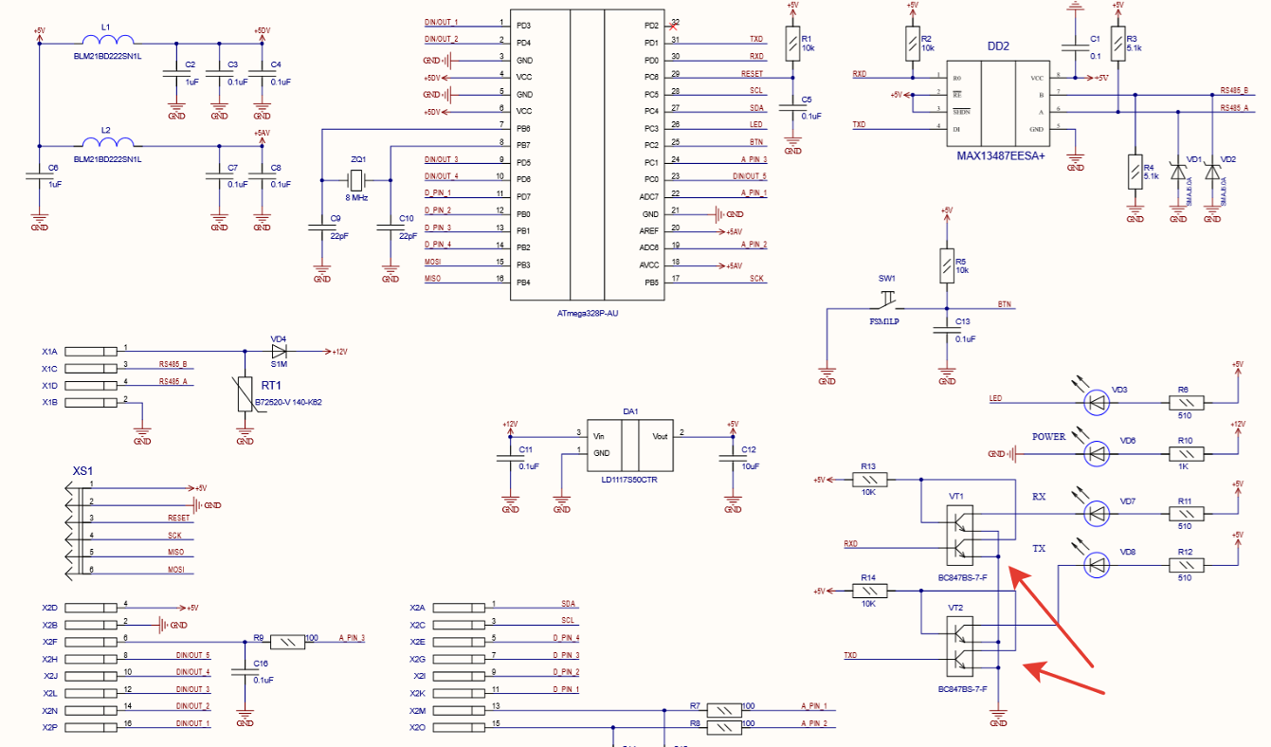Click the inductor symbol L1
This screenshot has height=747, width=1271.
[105, 41]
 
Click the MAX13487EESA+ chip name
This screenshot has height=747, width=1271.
[1000, 155]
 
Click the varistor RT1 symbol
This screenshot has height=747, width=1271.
[245, 393]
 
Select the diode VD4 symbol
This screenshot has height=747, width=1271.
[279, 351]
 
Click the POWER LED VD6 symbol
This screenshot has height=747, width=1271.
[1097, 454]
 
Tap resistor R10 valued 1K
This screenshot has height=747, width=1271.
[1185, 454]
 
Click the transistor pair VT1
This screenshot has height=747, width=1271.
[960, 533]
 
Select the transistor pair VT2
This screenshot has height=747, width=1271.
[960, 641]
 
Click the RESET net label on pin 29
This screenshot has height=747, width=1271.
[752, 73]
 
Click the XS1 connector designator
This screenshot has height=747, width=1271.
[83, 471]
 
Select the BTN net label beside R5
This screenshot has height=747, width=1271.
[1004, 304]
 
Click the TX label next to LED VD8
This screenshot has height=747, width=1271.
[1039, 549]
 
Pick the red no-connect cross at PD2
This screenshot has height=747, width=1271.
[672, 26]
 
